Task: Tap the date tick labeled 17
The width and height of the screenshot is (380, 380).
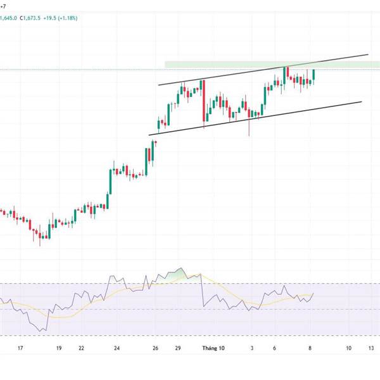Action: pos(21,348)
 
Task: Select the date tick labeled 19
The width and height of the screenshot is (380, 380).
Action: pos(58,348)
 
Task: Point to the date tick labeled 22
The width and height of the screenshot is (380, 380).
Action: pos(82,348)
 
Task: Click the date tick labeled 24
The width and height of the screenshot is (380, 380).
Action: pos(117,348)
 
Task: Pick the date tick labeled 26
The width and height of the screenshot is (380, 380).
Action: pos(155,348)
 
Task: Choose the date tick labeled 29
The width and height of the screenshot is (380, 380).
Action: pos(179,348)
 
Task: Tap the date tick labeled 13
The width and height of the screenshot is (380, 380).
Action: pos(371,348)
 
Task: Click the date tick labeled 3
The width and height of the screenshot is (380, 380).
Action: pos(251,348)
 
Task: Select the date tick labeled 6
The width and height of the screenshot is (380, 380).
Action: pos(275,348)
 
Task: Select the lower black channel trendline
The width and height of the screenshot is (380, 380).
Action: pos(253,118)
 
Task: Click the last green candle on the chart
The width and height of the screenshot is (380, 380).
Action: pos(313,75)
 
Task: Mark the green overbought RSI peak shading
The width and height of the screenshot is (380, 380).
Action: pos(177,274)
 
